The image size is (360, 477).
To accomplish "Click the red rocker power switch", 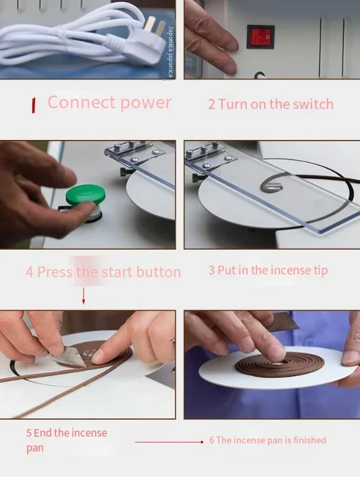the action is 260,37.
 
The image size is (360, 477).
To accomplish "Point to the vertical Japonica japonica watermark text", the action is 171,52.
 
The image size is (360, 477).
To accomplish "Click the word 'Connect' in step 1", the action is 81,102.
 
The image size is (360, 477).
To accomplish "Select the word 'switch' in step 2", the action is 313,104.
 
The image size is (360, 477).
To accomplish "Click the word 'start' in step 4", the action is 118,272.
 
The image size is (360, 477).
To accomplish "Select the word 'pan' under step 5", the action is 35,448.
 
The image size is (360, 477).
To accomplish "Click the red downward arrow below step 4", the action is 83,295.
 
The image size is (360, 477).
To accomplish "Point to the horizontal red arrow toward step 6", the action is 169,442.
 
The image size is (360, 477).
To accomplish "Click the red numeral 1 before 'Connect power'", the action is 33,105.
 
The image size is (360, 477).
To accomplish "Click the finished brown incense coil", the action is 280,365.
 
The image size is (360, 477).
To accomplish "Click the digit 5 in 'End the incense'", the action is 29,433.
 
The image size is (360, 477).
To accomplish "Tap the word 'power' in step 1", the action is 146,104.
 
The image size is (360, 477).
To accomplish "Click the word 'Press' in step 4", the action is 55,272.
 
